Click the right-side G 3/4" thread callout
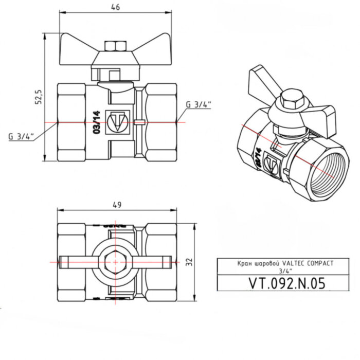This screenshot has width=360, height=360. click(x=199, y=104)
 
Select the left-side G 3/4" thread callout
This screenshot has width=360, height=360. click(x=21, y=137)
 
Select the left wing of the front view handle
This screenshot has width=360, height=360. click(x=77, y=49)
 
